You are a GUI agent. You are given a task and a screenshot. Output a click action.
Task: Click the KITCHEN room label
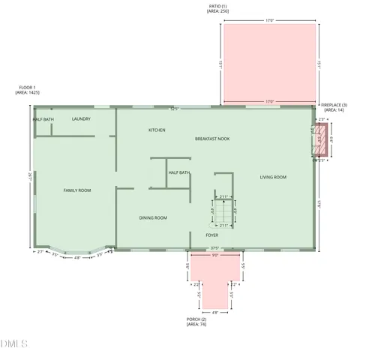pyautogui.click(x=157, y=130)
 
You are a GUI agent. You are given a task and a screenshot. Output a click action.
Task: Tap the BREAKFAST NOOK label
pyautogui.click(x=212, y=139)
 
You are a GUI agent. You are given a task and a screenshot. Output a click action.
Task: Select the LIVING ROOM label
pyautogui.click(x=273, y=177)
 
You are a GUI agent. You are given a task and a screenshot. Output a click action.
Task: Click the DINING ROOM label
pyautogui.click(x=153, y=217)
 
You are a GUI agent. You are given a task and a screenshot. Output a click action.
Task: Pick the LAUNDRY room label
pyautogui.click(x=81, y=118)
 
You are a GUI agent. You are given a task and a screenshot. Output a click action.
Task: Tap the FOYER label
pyautogui.click(x=212, y=235)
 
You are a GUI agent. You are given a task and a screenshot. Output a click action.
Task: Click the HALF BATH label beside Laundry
pyautogui.click(x=43, y=119)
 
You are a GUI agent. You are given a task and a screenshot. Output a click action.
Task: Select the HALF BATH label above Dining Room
pyautogui.click(x=178, y=172)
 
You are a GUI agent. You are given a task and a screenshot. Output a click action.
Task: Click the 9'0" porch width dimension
pyautogui.click(x=214, y=255)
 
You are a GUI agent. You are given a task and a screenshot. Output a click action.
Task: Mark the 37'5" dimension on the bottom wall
pyautogui.click(x=214, y=248)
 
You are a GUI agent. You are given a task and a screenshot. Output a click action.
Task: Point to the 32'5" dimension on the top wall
pyautogui.click(x=174, y=109)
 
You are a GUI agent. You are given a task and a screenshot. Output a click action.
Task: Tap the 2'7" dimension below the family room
pyautogui.click(x=40, y=252)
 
